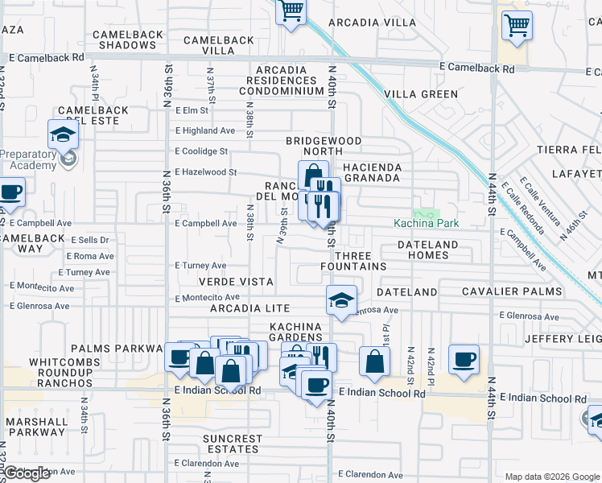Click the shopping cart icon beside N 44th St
coord(517,26)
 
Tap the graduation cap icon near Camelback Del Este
coord(63,134)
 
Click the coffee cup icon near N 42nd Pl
coord(464,360)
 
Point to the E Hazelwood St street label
coord(206,172)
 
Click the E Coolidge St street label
coord(202,151)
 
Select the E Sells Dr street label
coord(89,240)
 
